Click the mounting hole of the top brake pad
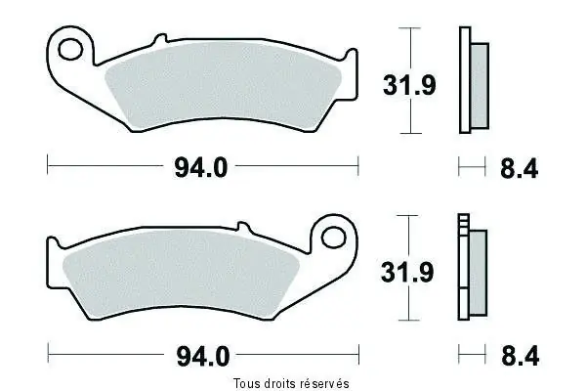[x=70, y=49]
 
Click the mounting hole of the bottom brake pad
[x=334, y=237]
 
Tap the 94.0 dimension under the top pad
[x=200, y=168]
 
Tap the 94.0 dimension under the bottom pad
[x=203, y=357]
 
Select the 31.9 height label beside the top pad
[x=409, y=85]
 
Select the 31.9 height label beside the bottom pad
[x=407, y=272]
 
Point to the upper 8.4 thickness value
[x=520, y=169]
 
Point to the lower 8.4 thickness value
[x=520, y=356]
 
